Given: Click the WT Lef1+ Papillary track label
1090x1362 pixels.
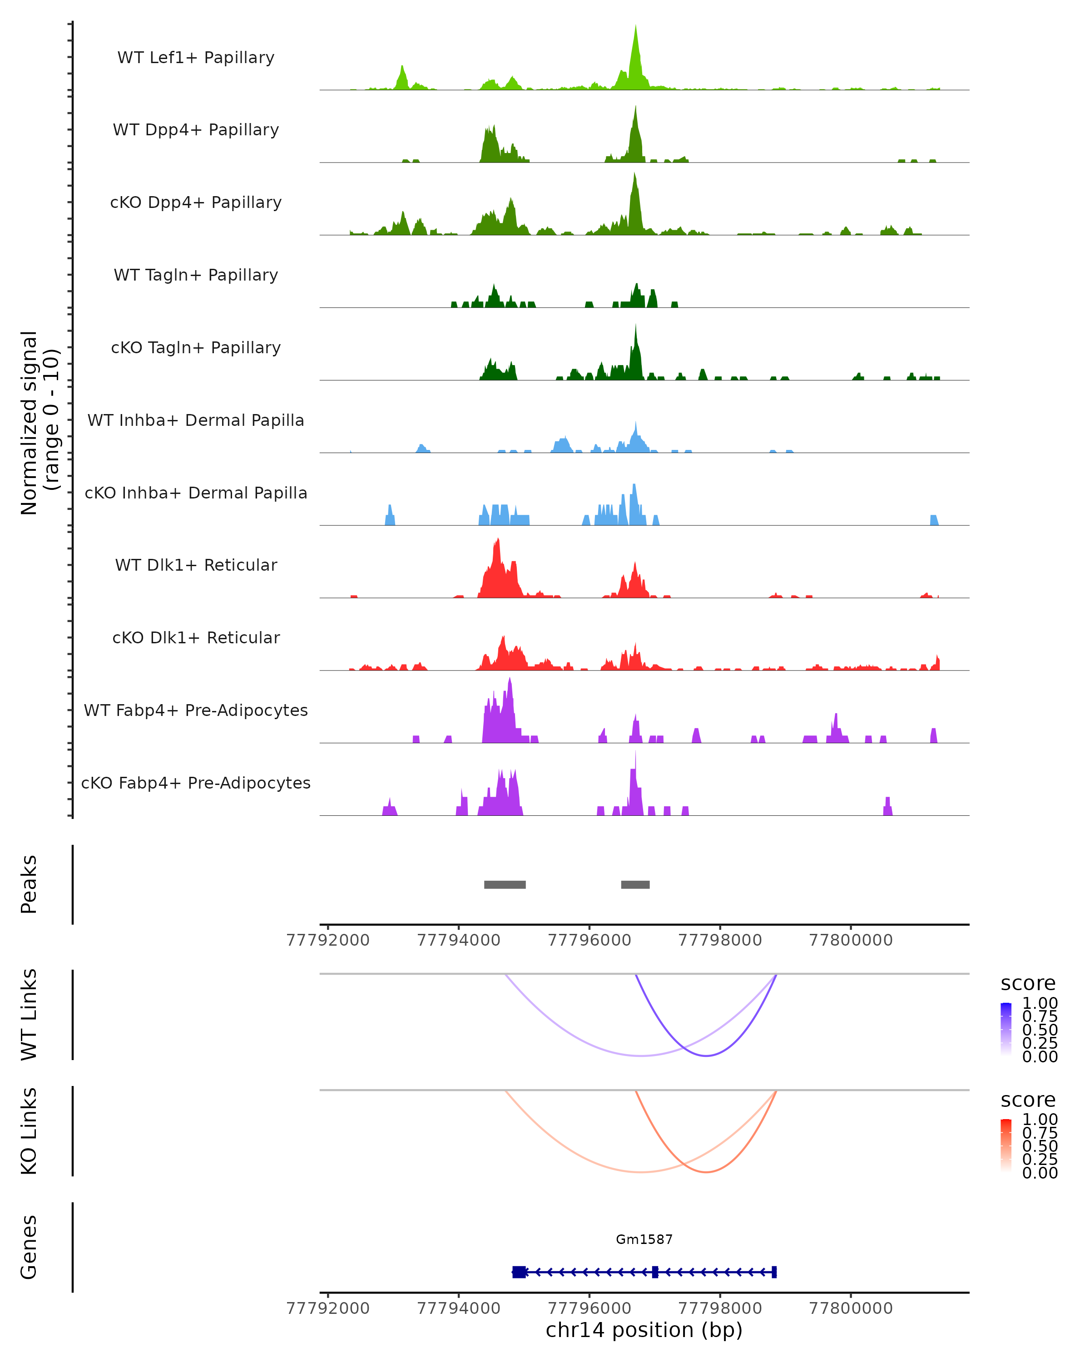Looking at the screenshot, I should (196, 58).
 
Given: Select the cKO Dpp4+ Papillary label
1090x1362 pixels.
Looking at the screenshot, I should (196, 203).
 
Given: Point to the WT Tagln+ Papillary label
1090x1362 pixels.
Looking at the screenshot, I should (196, 276).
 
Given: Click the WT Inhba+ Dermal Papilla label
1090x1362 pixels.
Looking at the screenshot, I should (196, 421).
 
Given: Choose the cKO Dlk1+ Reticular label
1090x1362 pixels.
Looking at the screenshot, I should (196, 638).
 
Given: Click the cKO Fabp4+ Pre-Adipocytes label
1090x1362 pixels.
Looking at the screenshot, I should (196, 783).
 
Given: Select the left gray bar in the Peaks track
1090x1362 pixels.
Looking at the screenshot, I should (505, 884).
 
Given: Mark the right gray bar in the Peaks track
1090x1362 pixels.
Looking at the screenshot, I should (635, 884).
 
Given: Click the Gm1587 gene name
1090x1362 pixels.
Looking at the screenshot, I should (644, 1239).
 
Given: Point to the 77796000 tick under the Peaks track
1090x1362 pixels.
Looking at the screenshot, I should (589, 940).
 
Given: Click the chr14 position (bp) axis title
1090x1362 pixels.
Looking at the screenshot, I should (644, 1330).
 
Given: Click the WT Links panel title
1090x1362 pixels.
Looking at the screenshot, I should (29, 1015).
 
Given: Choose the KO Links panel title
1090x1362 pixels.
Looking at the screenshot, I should (29, 1131).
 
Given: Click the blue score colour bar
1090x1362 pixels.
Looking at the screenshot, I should (1006, 1029).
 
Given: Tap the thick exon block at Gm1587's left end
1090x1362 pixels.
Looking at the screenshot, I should (519, 1272).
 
